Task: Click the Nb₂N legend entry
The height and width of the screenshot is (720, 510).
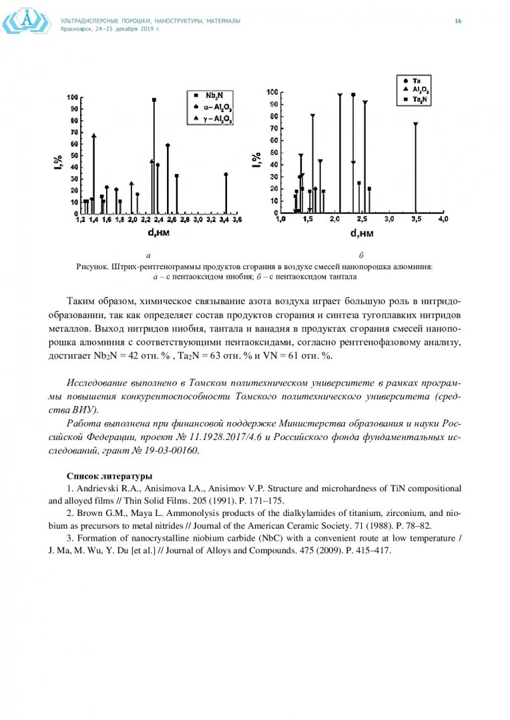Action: (214, 95)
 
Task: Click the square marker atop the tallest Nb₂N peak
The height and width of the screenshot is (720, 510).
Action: (154, 100)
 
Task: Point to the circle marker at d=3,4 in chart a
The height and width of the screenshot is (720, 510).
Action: (226, 175)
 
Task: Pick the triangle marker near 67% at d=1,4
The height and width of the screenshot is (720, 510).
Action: (94, 136)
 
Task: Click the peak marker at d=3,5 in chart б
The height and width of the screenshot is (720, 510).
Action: (415, 124)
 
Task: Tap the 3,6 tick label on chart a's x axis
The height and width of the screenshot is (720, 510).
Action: (236, 219)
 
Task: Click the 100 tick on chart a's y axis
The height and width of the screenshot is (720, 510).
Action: (70, 97)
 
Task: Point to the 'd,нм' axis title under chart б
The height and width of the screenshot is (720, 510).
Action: (362, 233)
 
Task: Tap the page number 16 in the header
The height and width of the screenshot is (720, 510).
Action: (458, 21)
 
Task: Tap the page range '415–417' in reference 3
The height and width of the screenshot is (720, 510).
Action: (372, 551)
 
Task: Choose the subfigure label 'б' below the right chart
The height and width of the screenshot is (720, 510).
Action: (360, 255)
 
